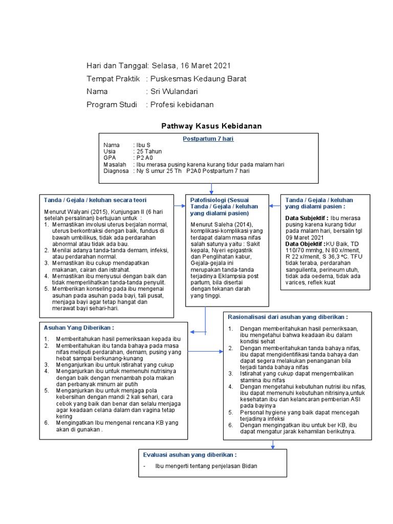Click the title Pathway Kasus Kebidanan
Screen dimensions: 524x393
211,125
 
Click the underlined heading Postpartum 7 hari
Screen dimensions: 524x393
208,139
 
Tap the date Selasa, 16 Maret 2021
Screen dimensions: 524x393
190,65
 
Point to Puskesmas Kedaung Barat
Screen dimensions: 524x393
198,79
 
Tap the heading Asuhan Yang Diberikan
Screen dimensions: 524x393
79,327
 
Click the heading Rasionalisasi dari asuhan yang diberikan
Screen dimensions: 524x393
288,317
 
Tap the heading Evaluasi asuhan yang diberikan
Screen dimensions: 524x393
190,454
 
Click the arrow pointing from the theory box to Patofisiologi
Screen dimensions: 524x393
179,206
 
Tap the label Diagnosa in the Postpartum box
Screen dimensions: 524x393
116,171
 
